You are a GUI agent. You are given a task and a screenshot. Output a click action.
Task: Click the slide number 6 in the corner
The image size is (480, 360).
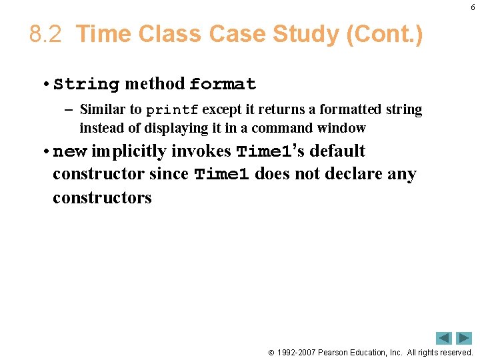[x=473, y=7]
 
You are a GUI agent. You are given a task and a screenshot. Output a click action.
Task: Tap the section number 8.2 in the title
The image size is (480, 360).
[x=46, y=34]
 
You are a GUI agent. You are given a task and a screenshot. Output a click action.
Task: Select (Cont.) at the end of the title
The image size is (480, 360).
[x=385, y=34]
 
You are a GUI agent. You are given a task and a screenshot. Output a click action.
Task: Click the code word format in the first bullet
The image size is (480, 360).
[x=223, y=85]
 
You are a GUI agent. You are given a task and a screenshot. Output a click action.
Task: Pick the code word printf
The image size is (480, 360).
[x=172, y=109]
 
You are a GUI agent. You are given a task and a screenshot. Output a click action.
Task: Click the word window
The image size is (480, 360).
[x=341, y=127]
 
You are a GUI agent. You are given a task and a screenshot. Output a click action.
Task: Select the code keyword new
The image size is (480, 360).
[x=69, y=152]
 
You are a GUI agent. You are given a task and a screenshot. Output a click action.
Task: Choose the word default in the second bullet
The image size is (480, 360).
[x=337, y=151]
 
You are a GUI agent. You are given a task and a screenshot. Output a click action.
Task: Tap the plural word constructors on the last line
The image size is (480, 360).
[x=102, y=198]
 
